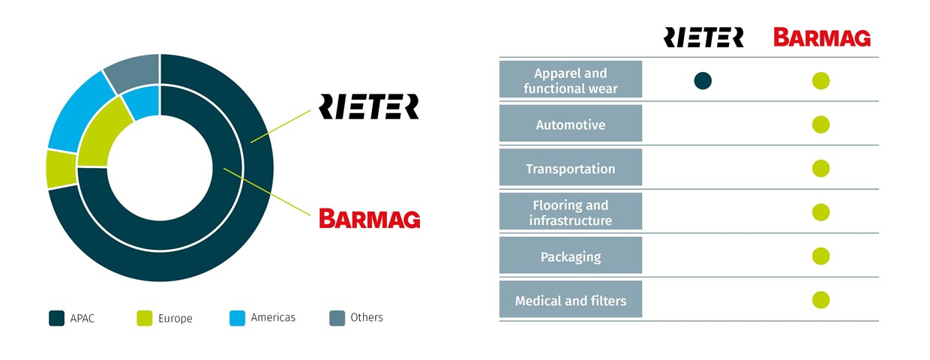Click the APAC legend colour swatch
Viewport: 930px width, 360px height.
[x=56, y=318]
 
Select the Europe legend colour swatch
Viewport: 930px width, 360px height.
[x=145, y=318]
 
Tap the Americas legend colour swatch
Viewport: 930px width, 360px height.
[x=237, y=318]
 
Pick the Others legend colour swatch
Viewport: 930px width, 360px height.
[x=337, y=318]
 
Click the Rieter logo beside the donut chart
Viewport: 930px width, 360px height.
[x=368, y=106]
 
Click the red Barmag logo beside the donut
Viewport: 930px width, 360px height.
[x=369, y=218]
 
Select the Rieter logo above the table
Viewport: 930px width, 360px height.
[x=703, y=37]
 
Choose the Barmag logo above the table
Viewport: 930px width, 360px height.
[x=822, y=37]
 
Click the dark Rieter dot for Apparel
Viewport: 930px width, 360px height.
[x=703, y=81]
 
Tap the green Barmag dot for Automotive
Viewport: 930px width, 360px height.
[x=820, y=124]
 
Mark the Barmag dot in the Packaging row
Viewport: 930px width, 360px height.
[x=820, y=256]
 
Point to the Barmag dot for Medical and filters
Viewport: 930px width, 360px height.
[x=820, y=300]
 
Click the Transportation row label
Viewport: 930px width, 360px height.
[x=571, y=169]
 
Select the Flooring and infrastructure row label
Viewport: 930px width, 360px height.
[x=571, y=212]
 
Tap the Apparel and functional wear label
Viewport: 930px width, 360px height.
[x=571, y=81]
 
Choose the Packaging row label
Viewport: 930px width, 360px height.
[x=571, y=256]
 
